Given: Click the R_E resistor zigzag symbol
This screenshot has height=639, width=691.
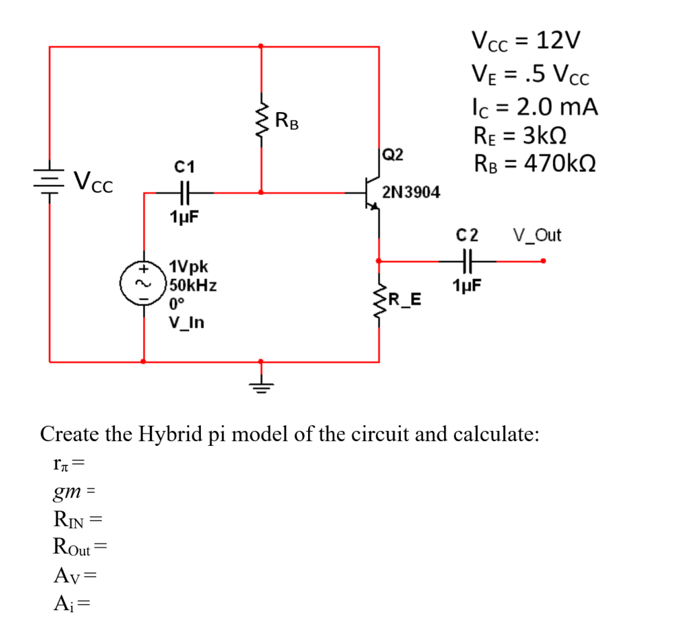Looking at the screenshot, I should coord(378,300).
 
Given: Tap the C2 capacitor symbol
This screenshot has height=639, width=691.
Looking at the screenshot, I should coord(467,260).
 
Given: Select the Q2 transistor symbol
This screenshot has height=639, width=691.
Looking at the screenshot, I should coord(372,193).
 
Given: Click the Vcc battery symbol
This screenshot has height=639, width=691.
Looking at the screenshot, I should coord(49,183).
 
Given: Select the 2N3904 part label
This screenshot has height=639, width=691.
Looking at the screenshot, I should coord(410,192).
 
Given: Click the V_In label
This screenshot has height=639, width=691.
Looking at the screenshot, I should coord(186,322).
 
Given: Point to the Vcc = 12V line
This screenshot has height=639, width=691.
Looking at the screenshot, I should coord(527,41).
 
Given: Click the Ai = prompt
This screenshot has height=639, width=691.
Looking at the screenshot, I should coord(72,603).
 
